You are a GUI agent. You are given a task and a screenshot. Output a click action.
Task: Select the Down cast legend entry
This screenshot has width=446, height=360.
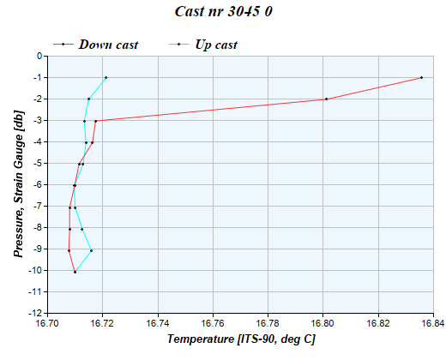(108, 45)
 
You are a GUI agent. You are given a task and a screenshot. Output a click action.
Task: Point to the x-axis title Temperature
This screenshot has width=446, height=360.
(241, 340)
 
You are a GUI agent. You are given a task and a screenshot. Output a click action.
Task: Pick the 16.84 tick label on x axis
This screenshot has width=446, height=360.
(433, 324)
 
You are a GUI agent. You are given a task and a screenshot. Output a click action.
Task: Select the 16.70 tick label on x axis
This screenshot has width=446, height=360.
(48, 324)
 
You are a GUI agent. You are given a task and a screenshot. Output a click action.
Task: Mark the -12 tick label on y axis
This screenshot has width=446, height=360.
(36, 314)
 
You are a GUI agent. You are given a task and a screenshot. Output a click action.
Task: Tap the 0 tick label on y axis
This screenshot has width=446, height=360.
(39, 57)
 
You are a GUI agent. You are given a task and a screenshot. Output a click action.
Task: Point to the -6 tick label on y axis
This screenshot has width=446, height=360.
(38, 185)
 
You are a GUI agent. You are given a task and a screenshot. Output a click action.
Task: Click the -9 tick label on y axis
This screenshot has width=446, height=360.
(38, 249)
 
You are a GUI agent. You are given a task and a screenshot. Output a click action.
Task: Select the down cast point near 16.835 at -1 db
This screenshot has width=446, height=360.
(422, 78)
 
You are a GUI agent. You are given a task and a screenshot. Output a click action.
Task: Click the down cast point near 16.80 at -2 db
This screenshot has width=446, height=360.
(326, 99)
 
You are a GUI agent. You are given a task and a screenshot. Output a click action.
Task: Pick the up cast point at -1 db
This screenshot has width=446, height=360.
(105, 78)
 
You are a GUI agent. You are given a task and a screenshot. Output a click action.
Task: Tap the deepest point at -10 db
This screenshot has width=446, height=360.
(75, 272)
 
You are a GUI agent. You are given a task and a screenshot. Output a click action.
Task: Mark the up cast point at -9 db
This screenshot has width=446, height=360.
(91, 250)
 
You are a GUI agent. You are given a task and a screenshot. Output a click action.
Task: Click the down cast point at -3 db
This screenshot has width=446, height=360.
(95, 121)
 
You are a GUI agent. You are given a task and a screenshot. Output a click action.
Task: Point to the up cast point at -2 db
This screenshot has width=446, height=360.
(88, 99)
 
